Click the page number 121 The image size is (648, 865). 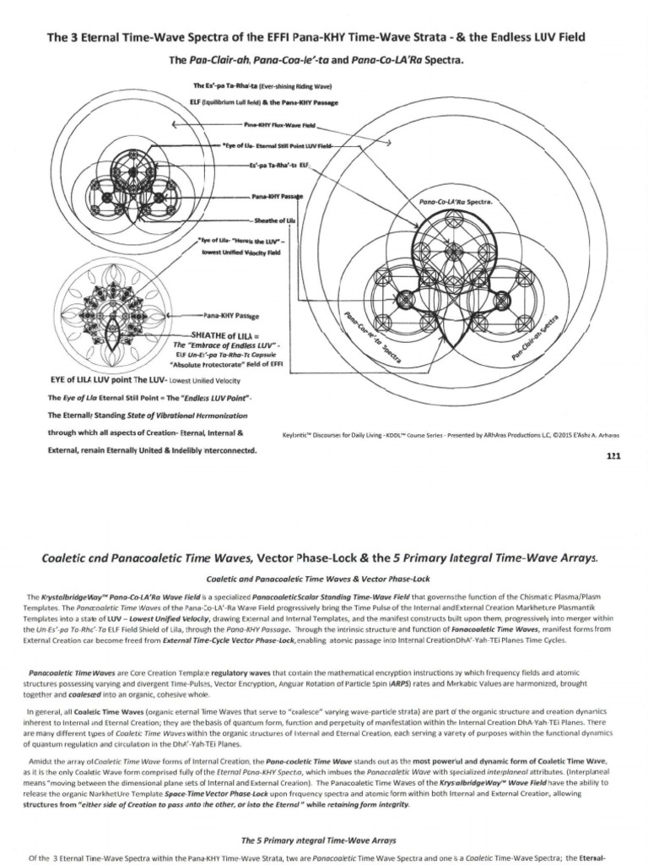tap(613, 455)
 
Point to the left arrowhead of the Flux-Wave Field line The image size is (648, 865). tap(174, 125)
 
